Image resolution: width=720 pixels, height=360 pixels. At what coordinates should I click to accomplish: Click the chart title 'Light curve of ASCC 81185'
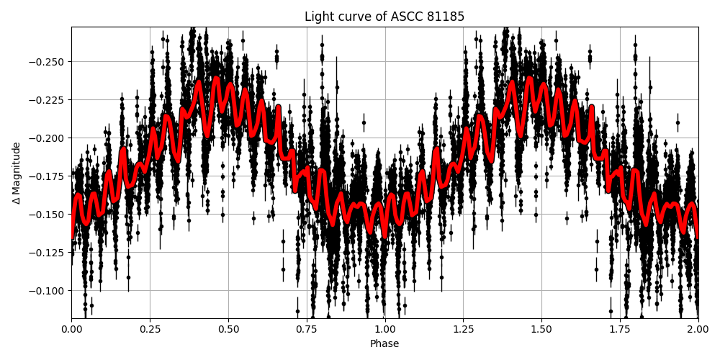[x=384, y=17]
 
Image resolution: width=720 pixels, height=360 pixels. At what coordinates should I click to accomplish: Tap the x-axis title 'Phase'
[x=384, y=344]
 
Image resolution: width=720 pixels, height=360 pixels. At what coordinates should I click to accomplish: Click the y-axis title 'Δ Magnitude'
[x=17, y=173]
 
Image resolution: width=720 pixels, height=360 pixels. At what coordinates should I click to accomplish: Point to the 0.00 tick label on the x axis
[x=71, y=329]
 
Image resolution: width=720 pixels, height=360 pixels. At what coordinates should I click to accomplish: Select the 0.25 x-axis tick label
[x=150, y=329]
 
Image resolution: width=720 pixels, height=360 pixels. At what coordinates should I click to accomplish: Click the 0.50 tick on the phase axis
[x=228, y=329]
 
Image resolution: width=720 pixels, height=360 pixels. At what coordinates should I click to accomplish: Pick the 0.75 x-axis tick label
[x=307, y=329]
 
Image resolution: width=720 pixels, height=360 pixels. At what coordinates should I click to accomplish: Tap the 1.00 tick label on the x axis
[x=384, y=329]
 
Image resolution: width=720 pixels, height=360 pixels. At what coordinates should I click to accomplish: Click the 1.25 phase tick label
[x=463, y=329]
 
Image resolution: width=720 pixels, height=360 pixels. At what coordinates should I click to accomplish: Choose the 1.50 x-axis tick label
[x=541, y=329]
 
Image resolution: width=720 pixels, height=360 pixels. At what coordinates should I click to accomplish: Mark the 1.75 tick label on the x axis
[x=620, y=329]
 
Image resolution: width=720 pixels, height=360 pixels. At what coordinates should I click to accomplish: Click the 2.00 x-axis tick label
[x=698, y=329]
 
